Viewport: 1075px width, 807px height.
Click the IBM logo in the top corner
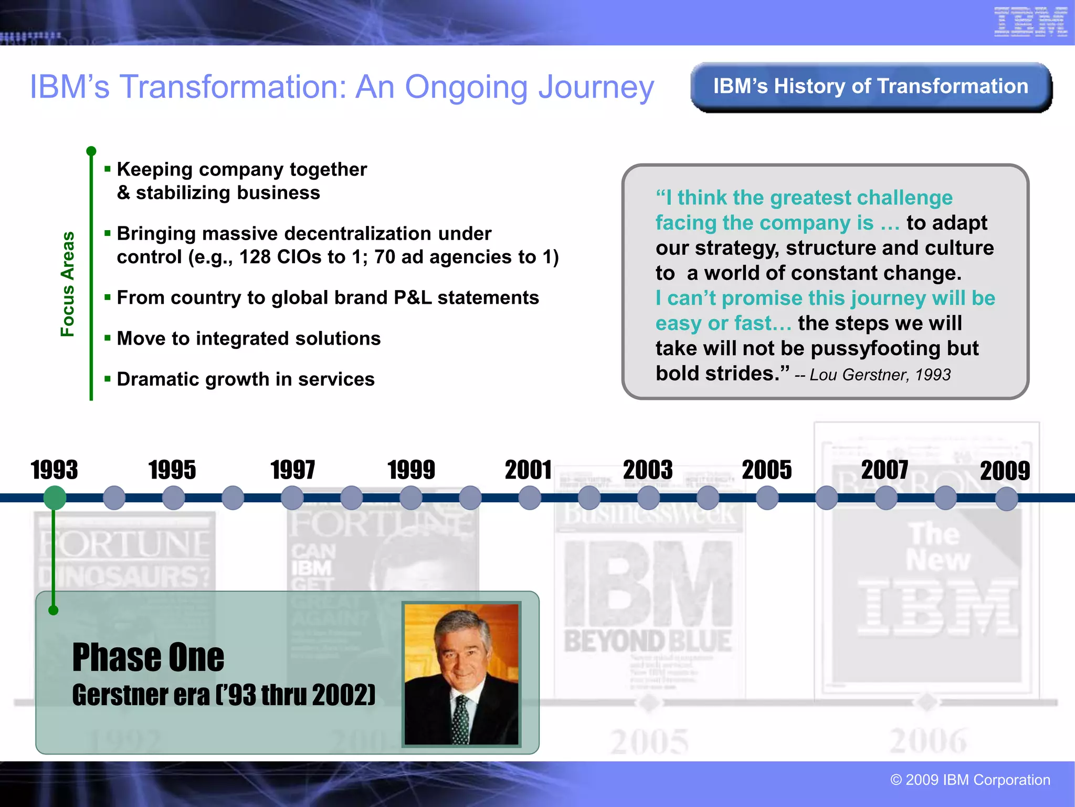point(1030,22)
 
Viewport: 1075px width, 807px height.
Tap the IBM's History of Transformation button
point(871,87)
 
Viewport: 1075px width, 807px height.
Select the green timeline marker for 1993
point(55,498)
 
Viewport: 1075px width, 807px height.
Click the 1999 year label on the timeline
point(411,470)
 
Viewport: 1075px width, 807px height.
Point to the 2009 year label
point(1005,471)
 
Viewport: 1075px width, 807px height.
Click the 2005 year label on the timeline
point(766,470)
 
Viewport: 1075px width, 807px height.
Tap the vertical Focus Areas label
point(68,284)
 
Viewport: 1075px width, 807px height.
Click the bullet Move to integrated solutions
point(248,338)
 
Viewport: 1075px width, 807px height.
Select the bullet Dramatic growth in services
point(245,379)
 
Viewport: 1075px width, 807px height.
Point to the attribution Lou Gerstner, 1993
point(880,375)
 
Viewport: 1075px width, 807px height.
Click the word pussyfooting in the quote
point(875,348)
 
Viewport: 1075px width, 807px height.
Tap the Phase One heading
point(148,657)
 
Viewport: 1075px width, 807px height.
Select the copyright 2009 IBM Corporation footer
point(970,780)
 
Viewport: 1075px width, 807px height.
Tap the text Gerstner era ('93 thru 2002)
point(224,695)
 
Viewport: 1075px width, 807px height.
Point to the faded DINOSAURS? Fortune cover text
point(125,576)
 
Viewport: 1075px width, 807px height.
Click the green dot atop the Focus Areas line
point(91,151)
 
